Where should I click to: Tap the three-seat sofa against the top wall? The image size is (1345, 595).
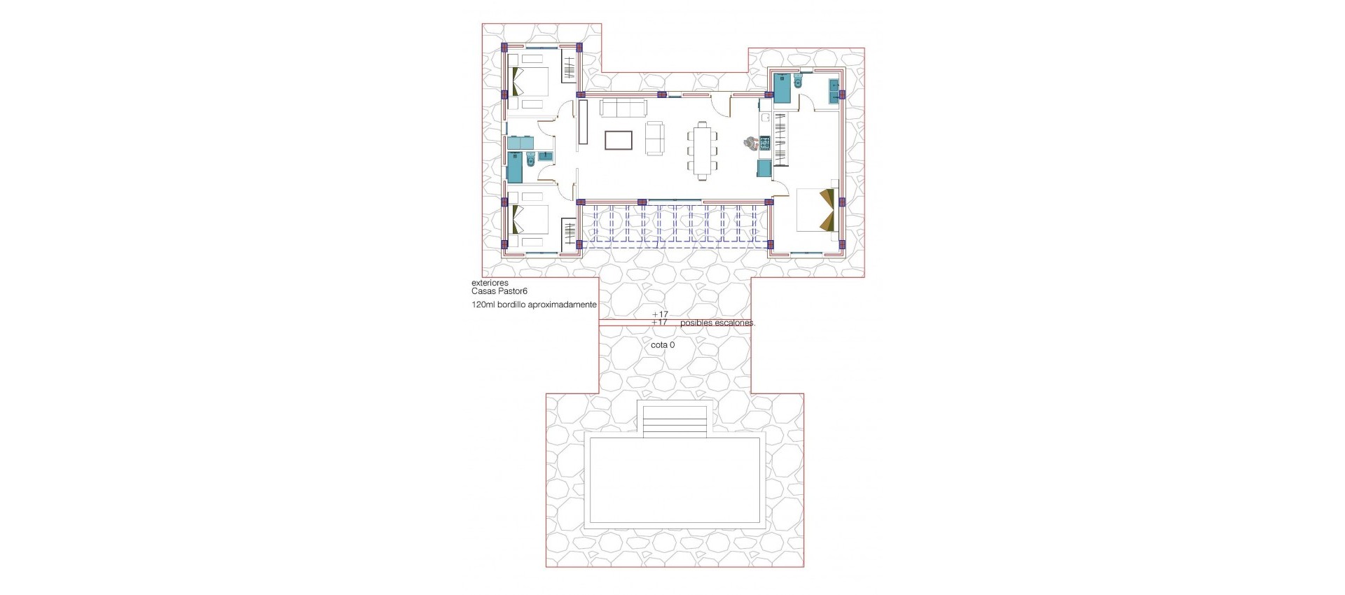click(623, 108)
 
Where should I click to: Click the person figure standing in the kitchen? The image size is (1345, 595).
click(752, 143)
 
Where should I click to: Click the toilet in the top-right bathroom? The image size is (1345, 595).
click(799, 83)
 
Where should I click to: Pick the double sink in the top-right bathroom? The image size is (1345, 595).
click(834, 92)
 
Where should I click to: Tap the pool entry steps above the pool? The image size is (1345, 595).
click(675, 421)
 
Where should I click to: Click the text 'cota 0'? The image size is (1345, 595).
click(663, 345)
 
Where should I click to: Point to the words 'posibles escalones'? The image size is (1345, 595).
click(717, 323)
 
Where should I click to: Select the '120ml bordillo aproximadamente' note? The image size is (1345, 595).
click(534, 305)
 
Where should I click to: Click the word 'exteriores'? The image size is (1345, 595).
click(490, 283)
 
